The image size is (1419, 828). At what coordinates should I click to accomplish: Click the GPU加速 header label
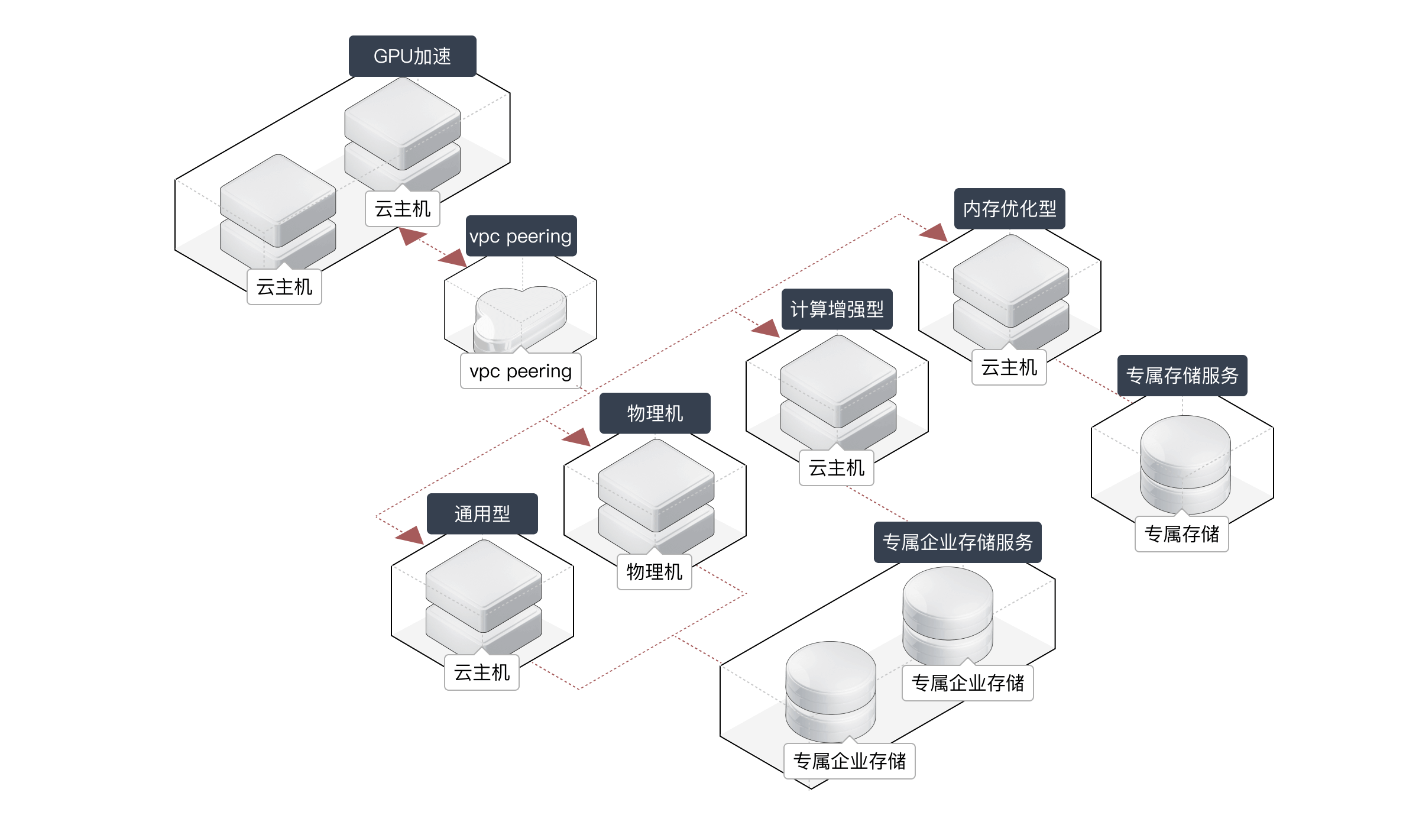(x=412, y=56)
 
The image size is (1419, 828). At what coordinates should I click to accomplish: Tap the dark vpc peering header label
(x=520, y=236)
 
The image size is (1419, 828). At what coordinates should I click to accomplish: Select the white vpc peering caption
(x=520, y=371)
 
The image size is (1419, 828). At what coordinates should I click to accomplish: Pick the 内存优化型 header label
(x=1009, y=209)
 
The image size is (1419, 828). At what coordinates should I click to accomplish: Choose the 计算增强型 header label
(x=837, y=309)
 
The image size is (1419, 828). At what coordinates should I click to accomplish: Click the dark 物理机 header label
(x=655, y=413)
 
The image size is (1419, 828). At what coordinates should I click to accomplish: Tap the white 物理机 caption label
(x=654, y=572)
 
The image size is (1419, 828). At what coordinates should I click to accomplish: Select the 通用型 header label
(x=482, y=514)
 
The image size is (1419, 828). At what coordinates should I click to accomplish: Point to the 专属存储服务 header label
(x=1182, y=376)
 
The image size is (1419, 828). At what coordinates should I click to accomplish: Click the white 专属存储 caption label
(x=1181, y=534)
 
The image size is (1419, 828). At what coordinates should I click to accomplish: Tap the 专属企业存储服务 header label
(x=957, y=542)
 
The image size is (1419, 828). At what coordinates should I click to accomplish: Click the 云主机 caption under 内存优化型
(x=1009, y=367)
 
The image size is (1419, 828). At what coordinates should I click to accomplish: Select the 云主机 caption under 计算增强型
(x=836, y=468)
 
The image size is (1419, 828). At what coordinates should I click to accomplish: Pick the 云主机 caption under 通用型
(x=481, y=672)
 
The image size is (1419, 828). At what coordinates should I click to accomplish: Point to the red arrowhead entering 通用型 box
(x=410, y=535)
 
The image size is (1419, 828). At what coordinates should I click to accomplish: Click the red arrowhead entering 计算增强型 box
(x=766, y=328)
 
